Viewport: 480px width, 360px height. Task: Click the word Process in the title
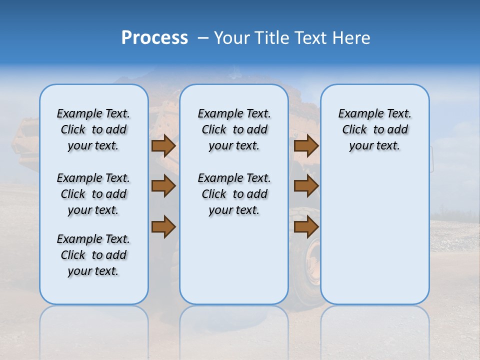(x=154, y=38)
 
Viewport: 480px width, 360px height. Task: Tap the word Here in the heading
(x=351, y=38)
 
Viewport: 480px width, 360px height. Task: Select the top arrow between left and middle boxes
(x=163, y=145)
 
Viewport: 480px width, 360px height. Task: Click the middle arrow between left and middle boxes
(x=163, y=186)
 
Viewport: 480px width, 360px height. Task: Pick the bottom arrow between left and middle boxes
(x=163, y=226)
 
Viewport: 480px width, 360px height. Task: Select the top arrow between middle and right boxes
(x=306, y=145)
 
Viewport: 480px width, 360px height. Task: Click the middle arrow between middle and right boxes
(x=306, y=186)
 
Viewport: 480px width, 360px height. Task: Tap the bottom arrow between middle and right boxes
(x=306, y=226)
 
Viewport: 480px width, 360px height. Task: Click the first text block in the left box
(x=93, y=129)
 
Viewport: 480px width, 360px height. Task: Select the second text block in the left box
(x=93, y=194)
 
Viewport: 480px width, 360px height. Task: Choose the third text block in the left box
(x=93, y=255)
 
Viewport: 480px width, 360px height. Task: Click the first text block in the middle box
(x=234, y=129)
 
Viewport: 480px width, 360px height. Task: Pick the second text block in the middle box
(x=234, y=194)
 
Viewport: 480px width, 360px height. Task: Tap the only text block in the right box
(x=374, y=129)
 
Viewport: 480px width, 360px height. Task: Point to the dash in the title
(x=203, y=38)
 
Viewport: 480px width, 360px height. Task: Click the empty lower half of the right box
(x=374, y=240)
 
